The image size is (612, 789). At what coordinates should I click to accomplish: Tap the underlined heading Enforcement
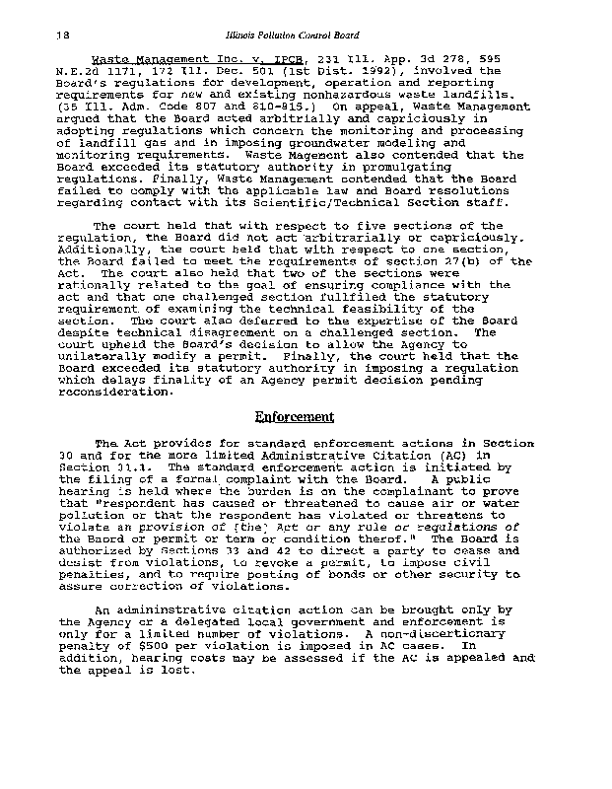click(x=294, y=416)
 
